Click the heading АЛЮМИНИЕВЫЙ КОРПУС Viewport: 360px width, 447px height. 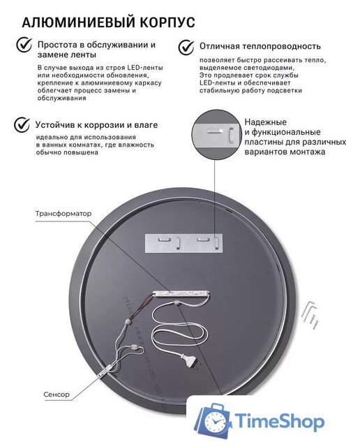108,23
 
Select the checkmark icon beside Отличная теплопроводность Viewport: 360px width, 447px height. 186,47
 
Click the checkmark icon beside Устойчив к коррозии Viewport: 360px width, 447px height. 22,125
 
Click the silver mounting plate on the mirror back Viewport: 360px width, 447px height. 183,241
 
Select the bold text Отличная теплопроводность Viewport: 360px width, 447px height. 260,46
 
